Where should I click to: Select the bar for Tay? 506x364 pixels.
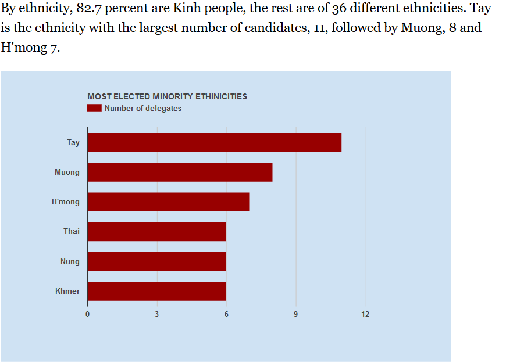click(x=214, y=142)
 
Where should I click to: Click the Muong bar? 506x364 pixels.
click(x=180, y=172)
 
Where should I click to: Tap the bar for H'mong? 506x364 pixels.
click(x=168, y=202)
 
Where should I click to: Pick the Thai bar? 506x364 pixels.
click(x=156, y=232)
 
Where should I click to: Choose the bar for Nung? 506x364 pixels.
click(x=156, y=261)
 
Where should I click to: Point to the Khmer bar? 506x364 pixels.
click(x=156, y=291)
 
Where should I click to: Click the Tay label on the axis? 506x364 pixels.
click(x=73, y=142)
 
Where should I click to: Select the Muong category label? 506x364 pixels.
click(x=67, y=172)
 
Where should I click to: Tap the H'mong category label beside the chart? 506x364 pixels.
click(x=65, y=202)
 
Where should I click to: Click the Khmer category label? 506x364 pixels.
click(x=67, y=291)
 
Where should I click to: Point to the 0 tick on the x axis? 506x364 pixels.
click(x=88, y=315)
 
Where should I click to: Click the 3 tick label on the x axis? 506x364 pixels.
click(x=157, y=315)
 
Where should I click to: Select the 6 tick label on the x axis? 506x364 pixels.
click(x=226, y=315)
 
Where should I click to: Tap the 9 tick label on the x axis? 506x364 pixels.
click(x=295, y=315)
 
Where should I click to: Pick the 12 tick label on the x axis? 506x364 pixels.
click(x=365, y=315)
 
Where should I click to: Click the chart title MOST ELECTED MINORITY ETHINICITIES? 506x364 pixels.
click(x=167, y=96)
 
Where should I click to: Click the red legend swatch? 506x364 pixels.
click(x=94, y=108)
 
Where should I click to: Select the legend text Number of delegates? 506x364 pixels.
click(x=143, y=108)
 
